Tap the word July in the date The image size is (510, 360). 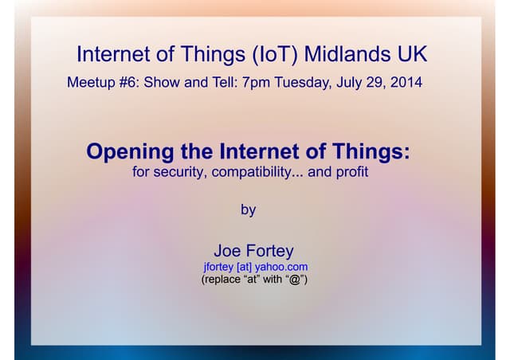coord(351,82)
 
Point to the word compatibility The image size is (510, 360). coord(253,171)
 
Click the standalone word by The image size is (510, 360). coord(249,210)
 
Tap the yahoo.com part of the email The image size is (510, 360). coord(281,267)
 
